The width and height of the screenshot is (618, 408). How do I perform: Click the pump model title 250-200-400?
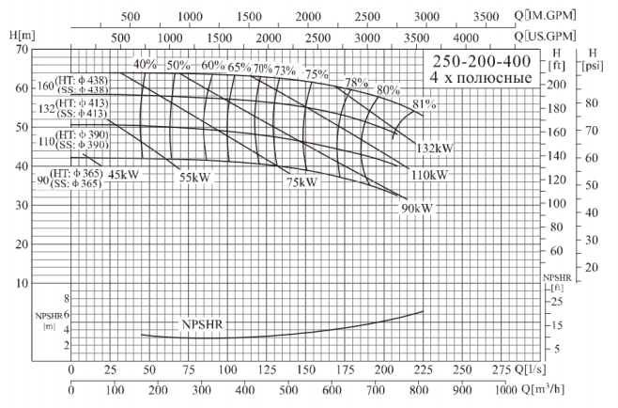tap(481, 61)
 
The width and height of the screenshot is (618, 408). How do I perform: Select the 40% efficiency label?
tap(144, 65)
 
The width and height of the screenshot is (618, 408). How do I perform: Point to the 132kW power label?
tap(436, 148)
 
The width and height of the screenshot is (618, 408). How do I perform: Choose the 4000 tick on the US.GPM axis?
tap(466, 35)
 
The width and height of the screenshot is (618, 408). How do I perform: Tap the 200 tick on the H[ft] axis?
tap(559, 85)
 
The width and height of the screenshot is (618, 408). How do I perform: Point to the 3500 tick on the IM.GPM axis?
tap(485, 16)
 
